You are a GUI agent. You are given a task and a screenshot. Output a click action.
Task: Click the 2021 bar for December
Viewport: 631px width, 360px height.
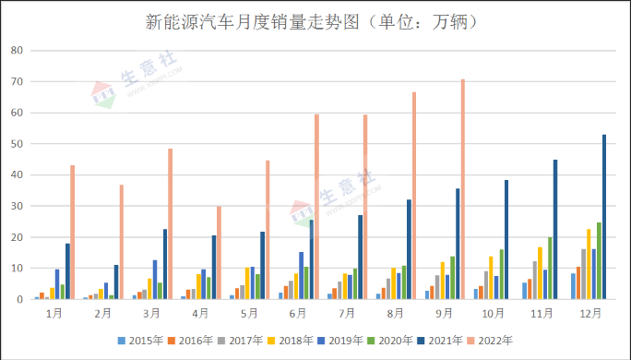pos(604,217)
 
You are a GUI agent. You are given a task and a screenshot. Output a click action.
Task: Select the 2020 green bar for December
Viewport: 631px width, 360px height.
pos(599,261)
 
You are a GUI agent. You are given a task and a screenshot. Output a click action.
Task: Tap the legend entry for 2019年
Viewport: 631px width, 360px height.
pos(338,338)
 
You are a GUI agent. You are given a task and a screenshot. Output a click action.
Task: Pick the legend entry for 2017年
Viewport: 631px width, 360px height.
pos(240,338)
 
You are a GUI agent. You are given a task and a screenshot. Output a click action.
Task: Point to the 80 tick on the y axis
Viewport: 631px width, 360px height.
pos(17,51)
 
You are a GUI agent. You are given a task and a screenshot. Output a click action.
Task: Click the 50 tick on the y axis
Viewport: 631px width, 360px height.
pos(17,144)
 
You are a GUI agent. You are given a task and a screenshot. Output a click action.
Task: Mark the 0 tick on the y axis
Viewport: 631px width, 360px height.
pos(19,299)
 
